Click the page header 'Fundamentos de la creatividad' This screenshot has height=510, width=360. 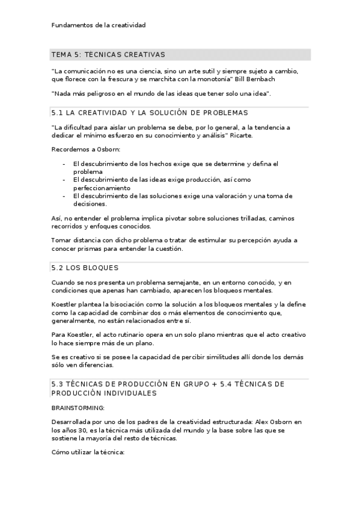coord(99,25)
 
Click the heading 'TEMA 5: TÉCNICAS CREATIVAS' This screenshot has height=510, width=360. coord(108,55)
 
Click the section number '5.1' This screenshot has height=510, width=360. coord(58,112)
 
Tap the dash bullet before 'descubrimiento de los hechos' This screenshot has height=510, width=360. coord(64,164)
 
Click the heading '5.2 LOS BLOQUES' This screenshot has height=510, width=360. coord(85,268)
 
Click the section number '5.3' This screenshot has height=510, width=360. coord(58,384)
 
